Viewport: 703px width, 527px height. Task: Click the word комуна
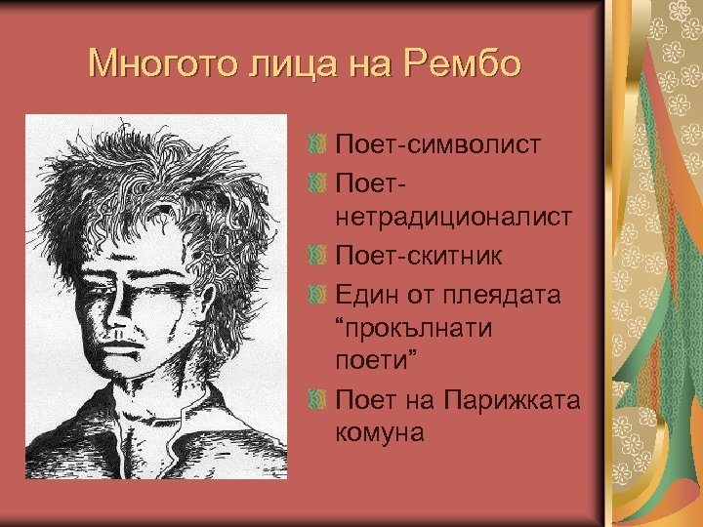(380, 430)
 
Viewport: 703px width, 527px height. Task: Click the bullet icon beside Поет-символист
(315, 145)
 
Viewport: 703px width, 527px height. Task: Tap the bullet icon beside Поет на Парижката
(315, 398)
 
